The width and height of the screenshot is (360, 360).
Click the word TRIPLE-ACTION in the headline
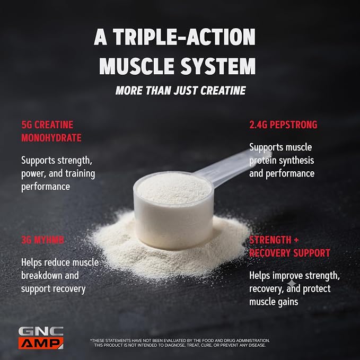184,37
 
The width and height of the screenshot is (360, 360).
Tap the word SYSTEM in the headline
218,66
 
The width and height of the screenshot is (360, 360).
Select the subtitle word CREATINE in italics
223,91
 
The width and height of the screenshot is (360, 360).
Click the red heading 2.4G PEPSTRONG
283,125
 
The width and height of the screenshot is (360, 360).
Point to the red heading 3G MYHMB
43,240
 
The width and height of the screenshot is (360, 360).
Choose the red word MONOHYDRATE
51,138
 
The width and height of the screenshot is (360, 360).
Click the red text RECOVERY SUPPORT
289,253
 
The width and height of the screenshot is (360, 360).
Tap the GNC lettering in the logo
41,331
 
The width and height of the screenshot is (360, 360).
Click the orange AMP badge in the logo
41,343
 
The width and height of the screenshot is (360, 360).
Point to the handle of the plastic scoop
232,167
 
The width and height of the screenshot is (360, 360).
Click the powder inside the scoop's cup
174,188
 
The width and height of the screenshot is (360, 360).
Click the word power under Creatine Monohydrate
33,174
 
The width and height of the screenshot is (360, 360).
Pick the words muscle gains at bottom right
274,302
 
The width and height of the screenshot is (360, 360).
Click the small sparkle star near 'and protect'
292,283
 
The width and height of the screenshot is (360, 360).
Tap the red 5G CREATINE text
47,125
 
